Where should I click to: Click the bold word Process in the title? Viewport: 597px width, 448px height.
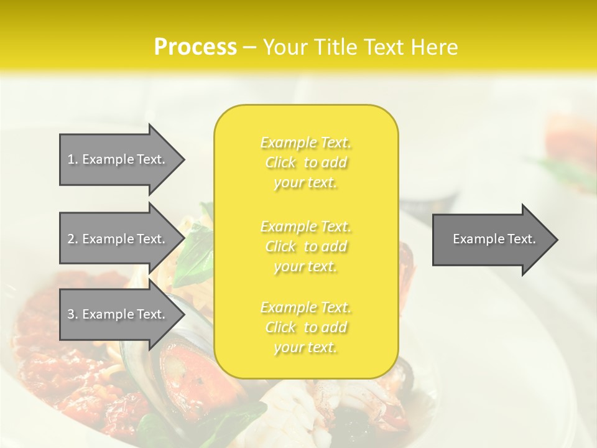click(x=195, y=47)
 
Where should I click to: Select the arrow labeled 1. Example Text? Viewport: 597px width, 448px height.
click(x=118, y=159)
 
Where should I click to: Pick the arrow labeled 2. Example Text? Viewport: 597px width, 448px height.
click(x=118, y=239)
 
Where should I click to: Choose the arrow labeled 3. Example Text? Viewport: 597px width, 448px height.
click(x=118, y=314)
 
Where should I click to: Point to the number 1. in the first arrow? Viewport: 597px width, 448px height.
click(x=73, y=159)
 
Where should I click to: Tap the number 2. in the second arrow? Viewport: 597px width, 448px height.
click(x=73, y=239)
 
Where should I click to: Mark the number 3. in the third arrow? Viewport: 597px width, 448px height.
click(x=73, y=314)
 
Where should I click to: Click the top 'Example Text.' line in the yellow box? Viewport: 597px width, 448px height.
click(x=306, y=143)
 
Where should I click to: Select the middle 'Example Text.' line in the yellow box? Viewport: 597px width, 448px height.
click(x=306, y=226)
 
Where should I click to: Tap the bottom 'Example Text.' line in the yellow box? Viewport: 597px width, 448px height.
click(x=306, y=307)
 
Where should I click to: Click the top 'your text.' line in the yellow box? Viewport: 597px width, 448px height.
click(x=305, y=183)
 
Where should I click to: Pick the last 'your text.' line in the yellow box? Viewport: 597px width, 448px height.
click(x=305, y=347)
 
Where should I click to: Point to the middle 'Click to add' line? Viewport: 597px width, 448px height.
click(x=306, y=246)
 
